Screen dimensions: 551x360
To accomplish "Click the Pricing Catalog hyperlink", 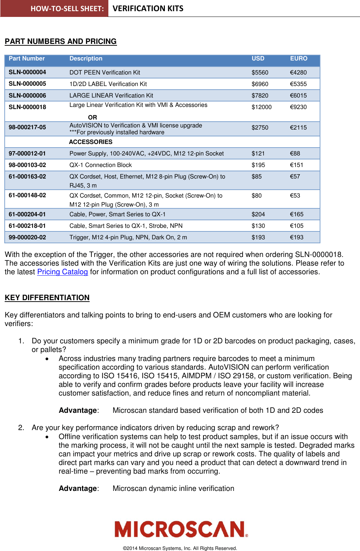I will (62, 272).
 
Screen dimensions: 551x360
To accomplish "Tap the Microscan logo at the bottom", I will (181, 529).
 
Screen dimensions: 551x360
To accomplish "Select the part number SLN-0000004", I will (27, 72).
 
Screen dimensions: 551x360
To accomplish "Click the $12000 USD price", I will (261, 107).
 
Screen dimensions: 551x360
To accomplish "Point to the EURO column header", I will (298, 59).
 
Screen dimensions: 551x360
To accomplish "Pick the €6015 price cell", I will (298, 96).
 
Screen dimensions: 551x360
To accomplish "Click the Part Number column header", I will (27, 59).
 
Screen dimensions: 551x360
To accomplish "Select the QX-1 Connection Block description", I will (100, 165).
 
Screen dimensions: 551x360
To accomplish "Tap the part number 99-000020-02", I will (27, 238).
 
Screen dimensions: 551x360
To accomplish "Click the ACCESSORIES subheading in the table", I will (91, 142).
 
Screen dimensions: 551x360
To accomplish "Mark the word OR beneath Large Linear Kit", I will (93, 117).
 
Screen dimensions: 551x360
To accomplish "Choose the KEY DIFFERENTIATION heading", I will (47, 298).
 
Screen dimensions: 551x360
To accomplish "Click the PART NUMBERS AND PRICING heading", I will (60, 41).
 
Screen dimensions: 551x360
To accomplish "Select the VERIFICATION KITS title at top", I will (148, 9).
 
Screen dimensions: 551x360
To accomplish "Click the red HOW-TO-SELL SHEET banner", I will (54, 9).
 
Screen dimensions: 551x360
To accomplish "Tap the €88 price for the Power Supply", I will (295, 154).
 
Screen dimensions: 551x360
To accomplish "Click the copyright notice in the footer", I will (180, 548).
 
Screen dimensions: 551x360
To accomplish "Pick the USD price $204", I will (258, 214).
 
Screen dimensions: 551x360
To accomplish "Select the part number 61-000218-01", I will (27, 226).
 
